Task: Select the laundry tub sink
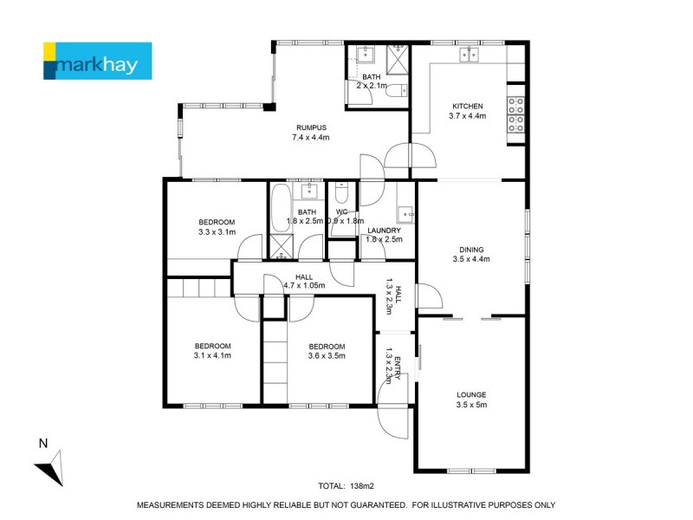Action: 405,214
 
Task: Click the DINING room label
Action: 471,248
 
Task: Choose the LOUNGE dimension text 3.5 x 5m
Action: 472,404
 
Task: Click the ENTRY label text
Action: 398,367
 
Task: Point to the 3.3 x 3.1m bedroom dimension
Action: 217,232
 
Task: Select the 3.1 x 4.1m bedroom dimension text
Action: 212,354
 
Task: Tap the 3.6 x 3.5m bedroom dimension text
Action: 327,354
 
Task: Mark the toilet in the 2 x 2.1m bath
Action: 394,90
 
